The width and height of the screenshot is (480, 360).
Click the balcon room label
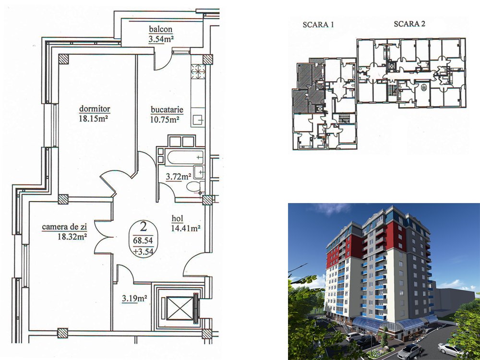pyautogui.click(x=161, y=29)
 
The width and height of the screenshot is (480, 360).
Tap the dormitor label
pyautogui.click(x=95, y=108)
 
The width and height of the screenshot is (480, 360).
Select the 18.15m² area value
pyautogui.click(x=94, y=119)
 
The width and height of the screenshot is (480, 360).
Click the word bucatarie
pyautogui.click(x=167, y=109)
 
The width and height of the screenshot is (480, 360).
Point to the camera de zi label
pyautogui.click(x=64, y=227)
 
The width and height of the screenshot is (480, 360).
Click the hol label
pyautogui.click(x=177, y=218)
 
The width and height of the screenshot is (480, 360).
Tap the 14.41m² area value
pyautogui.click(x=186, y=228)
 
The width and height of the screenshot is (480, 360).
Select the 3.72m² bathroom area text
pyautogui.click(x=179, y=177)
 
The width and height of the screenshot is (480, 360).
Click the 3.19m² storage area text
pyautogui.click(x=135, y=298)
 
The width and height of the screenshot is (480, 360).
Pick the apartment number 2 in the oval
pyautogui.click(x=143, y=227)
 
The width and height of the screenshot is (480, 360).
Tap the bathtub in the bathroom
pyautogui.click(x=185, y=157)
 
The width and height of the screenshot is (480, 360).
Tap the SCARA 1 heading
pyautogui.click(x=318, y=25)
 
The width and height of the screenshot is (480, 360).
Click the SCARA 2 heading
pyautogui.click(x=409, y=24)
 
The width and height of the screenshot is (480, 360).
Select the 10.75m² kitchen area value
pyautogui.click(x=165, y=119)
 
